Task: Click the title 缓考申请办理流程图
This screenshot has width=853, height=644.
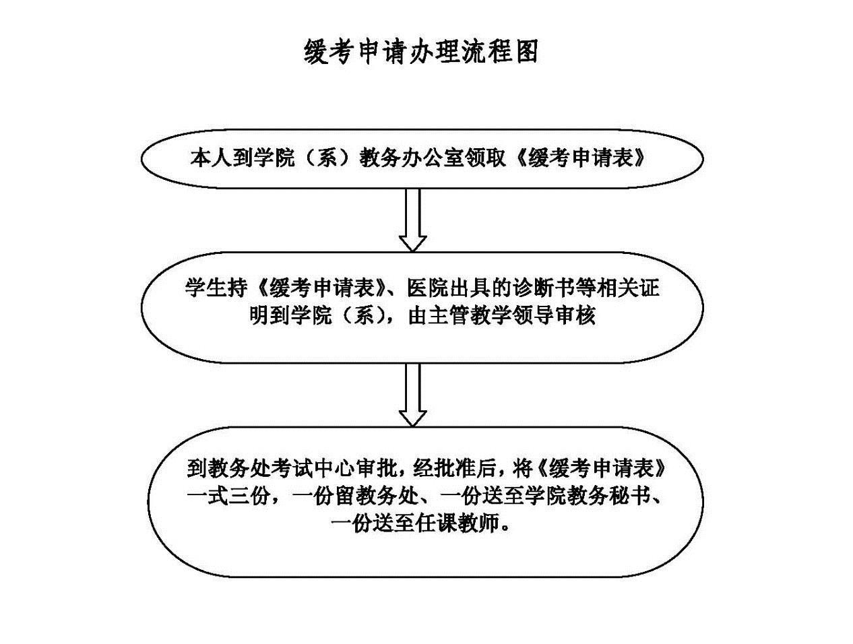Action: tap(421, 51)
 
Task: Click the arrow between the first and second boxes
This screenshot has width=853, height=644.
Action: tap(412, 220)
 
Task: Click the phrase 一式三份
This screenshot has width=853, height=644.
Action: tap(232, 496)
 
